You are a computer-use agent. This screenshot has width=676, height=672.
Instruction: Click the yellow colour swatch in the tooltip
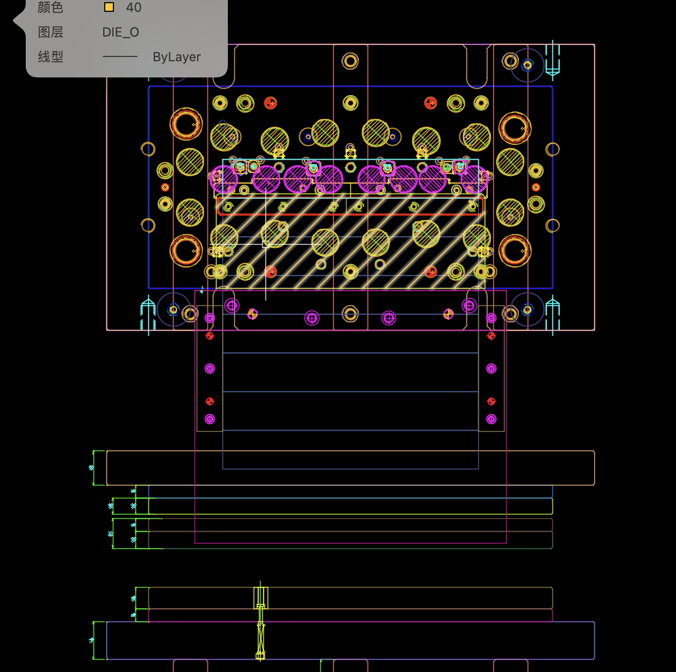pyautogui.click(x=109, y=8)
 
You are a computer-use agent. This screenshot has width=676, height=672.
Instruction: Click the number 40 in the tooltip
pyautogui.click(x=133, y=8)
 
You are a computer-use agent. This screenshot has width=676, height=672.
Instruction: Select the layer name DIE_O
pyautogui.click(x=120, y=32)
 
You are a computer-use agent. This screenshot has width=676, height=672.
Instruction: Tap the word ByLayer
pyautogui.click(x=176, y=57)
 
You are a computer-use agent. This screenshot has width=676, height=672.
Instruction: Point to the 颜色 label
pyautogui.click(x=51, y=8)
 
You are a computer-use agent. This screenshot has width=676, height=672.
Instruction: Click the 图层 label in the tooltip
pyautogui.click(x=51, y=32)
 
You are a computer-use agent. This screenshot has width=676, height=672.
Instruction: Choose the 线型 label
pyautogui.click(x=51, y=57)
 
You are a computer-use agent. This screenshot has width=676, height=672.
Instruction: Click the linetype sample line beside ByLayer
pyautogui.click(x=120, y=56)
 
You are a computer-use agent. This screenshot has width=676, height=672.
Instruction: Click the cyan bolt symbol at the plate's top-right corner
pyautogui.click(x=552, y=60)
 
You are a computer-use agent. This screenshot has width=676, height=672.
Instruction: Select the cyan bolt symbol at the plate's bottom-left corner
pyautogui.click(x=148, y=314)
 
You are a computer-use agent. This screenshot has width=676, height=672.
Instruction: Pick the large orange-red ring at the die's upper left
pyautogui.click(x=186, y=124)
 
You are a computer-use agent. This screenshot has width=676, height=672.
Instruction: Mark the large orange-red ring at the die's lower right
pyautogui.click(x=514, y=251)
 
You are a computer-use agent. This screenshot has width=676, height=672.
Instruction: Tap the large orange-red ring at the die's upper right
pyautogui.click(x=514, y=128)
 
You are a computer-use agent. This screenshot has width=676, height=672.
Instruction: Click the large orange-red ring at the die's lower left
pyautogui.click(x=186, y=251)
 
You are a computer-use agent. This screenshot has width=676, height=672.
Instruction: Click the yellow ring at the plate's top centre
pyautogui.click(x=350, y=61)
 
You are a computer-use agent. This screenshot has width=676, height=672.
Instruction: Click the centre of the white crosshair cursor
pyautogui.click(x=265, y=244)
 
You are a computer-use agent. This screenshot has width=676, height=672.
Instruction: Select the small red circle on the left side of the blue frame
pyautogui.click(x=165, y=187)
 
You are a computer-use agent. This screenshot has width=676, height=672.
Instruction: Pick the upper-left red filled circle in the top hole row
pyautogui.click(x=270, y=103)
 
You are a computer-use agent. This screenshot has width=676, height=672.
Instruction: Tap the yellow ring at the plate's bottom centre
pyautogui.click(x=350, y=313)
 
